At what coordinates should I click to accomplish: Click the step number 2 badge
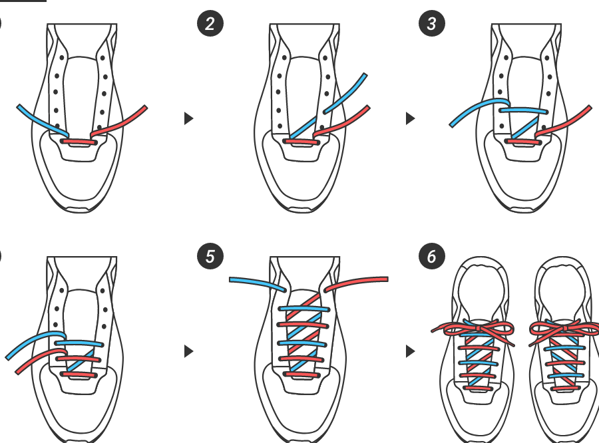[x=210, y=25]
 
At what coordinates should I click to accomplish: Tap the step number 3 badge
[x=432, y=25]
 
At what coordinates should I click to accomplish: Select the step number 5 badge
[x=210, y=257]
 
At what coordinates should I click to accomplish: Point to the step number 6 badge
[x=432, y=257]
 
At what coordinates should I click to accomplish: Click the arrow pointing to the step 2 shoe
[x=188, y=118]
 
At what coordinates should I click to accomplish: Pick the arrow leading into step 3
[x=410, y=118]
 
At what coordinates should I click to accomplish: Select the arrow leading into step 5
[x=188, y=351]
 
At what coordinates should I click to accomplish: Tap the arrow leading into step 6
[x=410, y=351]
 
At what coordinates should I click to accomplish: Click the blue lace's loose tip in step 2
[x=365, y=76]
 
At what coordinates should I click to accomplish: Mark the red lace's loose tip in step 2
[x=368, y=108]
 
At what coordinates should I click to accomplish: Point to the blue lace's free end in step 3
[x=453, y=124]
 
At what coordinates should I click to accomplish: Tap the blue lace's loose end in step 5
[x=232, y=280]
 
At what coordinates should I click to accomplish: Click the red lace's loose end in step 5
[x=385, y=279]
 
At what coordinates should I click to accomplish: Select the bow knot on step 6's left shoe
[x=473, y=327]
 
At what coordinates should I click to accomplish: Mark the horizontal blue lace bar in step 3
[x=524, y=111]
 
